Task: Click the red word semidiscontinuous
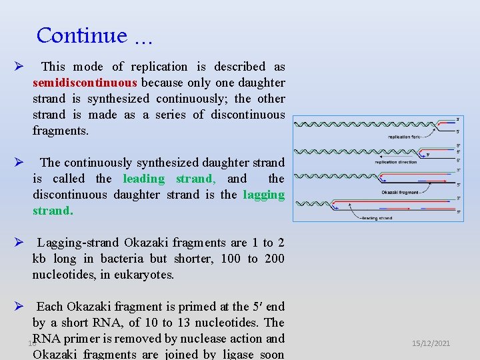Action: point(85,83)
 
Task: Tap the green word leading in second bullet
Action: point(143,179)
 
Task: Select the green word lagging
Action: point(264,195)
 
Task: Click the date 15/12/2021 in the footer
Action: point(431,343)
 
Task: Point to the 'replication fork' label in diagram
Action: point(403,137)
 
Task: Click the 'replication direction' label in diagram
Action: point(395,162)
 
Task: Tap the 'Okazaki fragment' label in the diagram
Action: point(400,193)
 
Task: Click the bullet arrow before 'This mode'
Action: point(19,67)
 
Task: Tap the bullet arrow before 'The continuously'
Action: point(19,163)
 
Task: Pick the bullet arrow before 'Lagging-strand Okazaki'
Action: point(19,243)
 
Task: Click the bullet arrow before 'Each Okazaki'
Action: point(19,307)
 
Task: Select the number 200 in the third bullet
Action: point(274,259)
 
